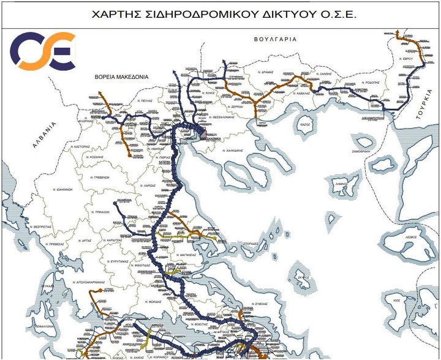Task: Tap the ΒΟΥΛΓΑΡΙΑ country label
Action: click(x=275, y=39)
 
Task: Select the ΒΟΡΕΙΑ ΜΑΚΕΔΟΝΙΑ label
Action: click(x=122, y=77)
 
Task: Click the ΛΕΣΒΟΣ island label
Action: click(x=410, y=235)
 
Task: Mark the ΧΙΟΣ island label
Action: click(x=396, y=301)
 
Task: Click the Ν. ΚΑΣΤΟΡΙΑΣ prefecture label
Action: click(x=85, y=148)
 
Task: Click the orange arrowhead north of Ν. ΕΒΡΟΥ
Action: click(x=398, y=31)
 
